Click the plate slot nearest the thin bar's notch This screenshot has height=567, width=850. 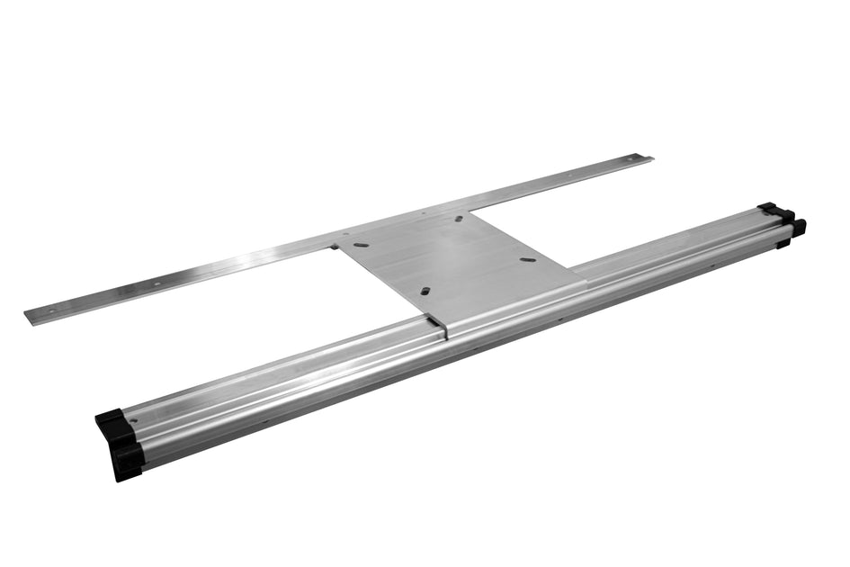[360, 243]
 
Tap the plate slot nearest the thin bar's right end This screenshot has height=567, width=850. [459, 219]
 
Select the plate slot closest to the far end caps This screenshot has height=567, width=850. [529, 260]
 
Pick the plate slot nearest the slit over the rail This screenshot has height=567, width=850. [425, 291]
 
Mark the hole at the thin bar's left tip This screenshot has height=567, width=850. [49, 310]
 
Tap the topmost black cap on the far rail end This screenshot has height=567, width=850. [766, 207]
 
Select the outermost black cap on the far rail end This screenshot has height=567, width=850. [798, 226]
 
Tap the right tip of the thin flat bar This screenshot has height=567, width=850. [649, 159]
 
